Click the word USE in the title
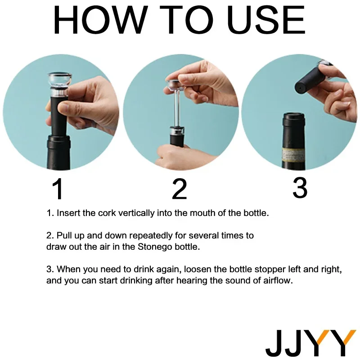tap(265, 20)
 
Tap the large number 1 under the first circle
tap(58, 189)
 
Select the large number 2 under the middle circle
tap(180, 189)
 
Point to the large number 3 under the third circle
tap(300, 188)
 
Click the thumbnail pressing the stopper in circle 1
tap(64, 108)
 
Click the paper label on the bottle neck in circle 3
tap(293, 155)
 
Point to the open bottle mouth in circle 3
tap(294, 115)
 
